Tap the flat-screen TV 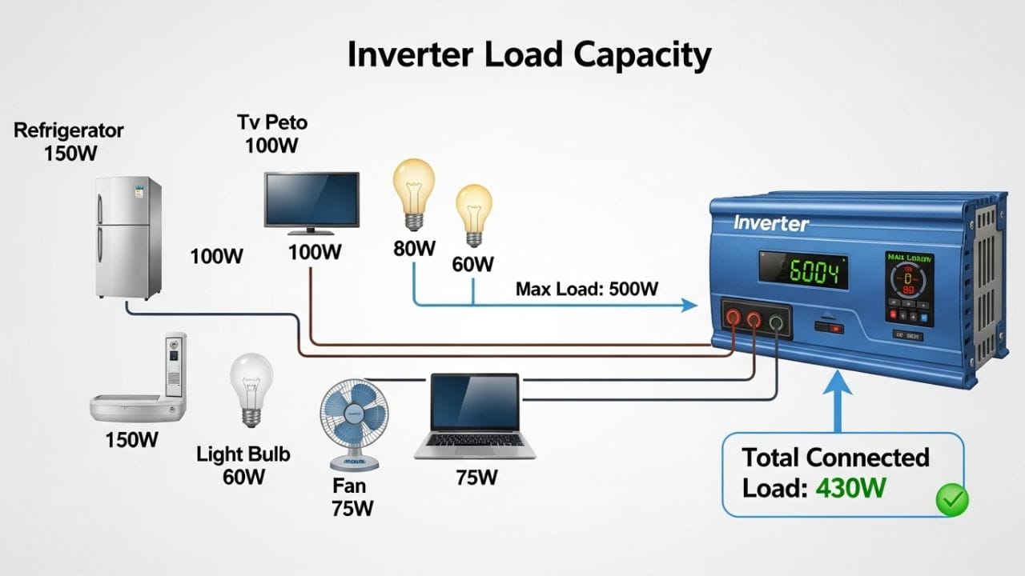click(x=312, y=202)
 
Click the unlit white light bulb click(x=251, y=389)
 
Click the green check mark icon click(x=952, y=501)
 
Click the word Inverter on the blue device click(x=771, y=224)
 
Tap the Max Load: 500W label click(x=586, y=289)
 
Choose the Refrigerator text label click(x=69, y=130)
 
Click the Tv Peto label click(x=272, y=122)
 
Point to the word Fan click(x=348, y=486)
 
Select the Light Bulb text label click(x=243, y=454)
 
